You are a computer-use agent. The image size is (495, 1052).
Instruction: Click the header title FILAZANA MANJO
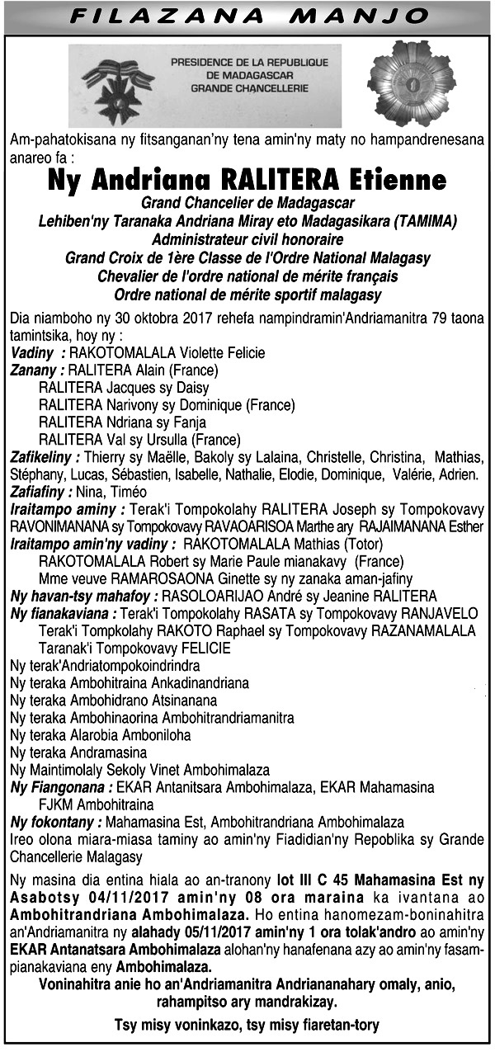coord(247,17)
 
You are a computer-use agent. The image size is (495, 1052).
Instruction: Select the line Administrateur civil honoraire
coord(247,239)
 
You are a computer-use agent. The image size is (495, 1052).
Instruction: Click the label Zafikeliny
coord(45,457)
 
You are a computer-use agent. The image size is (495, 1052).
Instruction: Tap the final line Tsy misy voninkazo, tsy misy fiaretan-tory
coord(247,1026)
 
